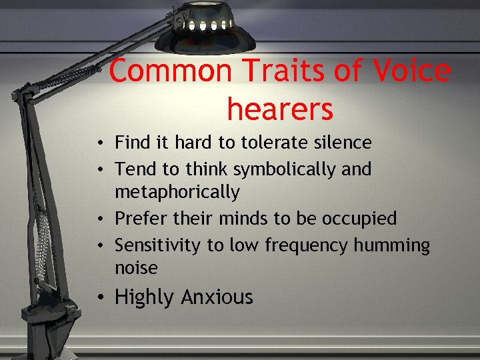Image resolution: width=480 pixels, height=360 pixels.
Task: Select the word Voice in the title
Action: pos(412,71)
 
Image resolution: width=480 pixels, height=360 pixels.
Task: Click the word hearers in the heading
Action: pos(279,109)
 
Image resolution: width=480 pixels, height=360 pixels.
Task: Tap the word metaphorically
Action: pos(177,192)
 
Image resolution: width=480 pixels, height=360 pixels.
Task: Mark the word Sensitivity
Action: pos(157,245)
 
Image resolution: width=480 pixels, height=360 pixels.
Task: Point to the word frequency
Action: pos(307,245)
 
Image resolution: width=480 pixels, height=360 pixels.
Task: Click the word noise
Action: pos(136,268)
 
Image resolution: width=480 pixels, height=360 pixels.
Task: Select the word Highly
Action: pos(143,297)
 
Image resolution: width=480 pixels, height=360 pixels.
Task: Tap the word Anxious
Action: pos(217,297)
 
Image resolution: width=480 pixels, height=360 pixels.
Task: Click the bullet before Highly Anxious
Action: pos(98,297)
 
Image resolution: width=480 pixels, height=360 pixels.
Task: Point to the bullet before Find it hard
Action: pos(98,143)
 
